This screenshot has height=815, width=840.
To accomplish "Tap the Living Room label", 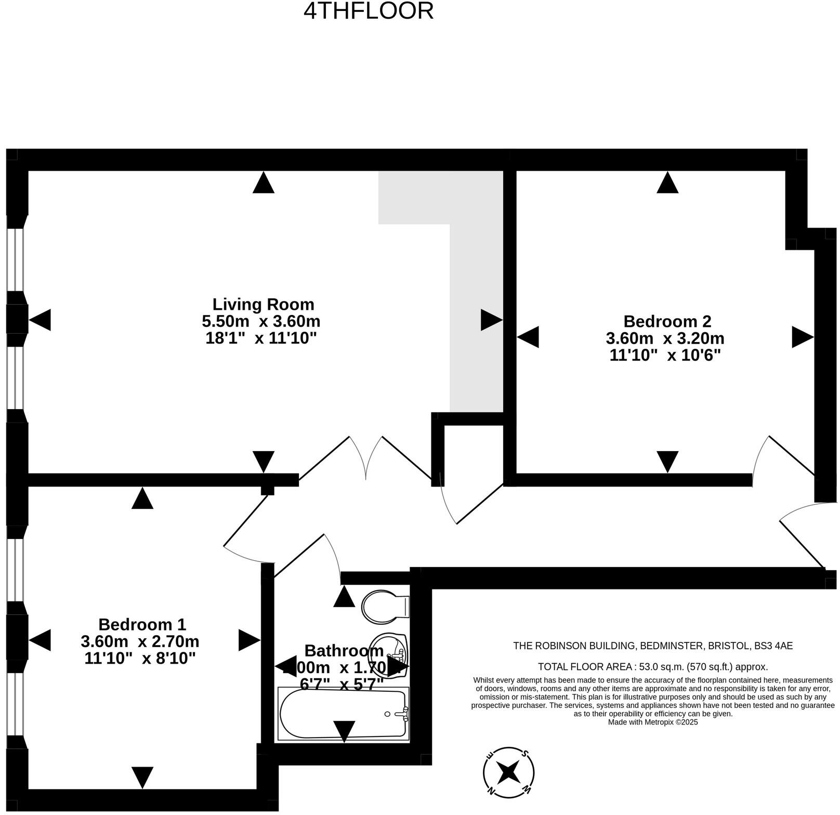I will tap(263, 304).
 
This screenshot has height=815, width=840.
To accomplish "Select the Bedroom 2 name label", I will tap(667, 321).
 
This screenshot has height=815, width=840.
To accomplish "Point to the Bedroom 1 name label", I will tap(142, 624).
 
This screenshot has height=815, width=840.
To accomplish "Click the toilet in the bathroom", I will tap(385, 606).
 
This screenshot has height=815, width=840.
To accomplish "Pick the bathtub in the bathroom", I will tap(343, 713).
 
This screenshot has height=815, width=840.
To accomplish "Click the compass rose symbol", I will tap(508, 772).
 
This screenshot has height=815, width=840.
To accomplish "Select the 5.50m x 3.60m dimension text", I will tap(261, 321).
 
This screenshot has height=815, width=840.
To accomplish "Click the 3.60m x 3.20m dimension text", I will tap(665, 338).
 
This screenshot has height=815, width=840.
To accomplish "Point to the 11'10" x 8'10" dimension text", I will tap(140, 658).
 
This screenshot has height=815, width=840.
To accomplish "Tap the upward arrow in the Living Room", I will tap(263, 183).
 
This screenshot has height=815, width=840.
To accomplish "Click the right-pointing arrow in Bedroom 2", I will tap(802, 337).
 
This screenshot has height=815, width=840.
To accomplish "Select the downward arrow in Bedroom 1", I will tap(142, 777).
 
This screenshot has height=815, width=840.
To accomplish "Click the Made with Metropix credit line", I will tap(653, 722).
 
